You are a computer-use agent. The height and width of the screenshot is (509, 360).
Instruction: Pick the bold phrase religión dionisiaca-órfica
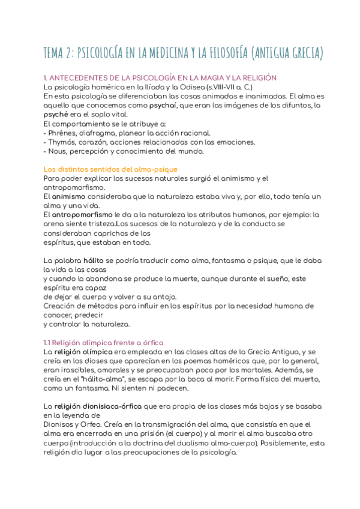click(x=103, y=406)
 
